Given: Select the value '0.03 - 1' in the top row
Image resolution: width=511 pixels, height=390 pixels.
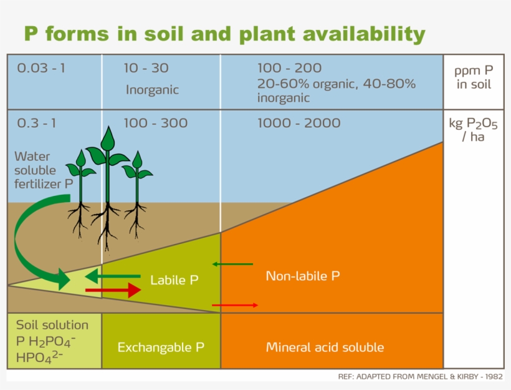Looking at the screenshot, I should tap(41, 68).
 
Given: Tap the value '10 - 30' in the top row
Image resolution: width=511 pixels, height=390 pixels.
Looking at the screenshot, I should tap(146, 68).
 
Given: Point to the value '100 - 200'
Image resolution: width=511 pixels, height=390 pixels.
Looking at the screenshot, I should tap(289, 68).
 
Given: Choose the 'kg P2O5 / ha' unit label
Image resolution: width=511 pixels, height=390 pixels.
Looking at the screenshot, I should tap(473, 129).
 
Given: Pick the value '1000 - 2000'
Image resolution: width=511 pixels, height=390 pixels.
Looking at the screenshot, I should tap(298, 123).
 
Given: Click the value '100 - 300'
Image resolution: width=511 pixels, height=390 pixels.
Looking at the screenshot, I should tap(155, 123).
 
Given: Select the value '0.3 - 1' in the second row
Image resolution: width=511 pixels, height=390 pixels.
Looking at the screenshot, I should tap(36, 123).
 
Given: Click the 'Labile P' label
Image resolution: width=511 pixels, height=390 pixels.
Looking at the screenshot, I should tap(174, 280).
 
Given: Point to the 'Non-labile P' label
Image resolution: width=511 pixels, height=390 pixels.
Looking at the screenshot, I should tap(303, 276).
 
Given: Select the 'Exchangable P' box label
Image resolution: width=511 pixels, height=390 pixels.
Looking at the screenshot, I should tap(161, 347).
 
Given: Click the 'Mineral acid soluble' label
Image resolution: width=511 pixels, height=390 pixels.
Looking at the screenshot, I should tap(325, 347).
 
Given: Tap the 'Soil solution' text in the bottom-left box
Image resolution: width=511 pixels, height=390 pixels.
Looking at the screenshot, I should tap(52, 325).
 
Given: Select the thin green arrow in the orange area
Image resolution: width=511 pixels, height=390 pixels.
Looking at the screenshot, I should tap(232, 265).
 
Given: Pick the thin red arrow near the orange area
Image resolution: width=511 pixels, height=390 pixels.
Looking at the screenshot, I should tap(235, 305).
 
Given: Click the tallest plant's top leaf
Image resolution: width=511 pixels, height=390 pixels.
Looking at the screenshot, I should tap(108, 138).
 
